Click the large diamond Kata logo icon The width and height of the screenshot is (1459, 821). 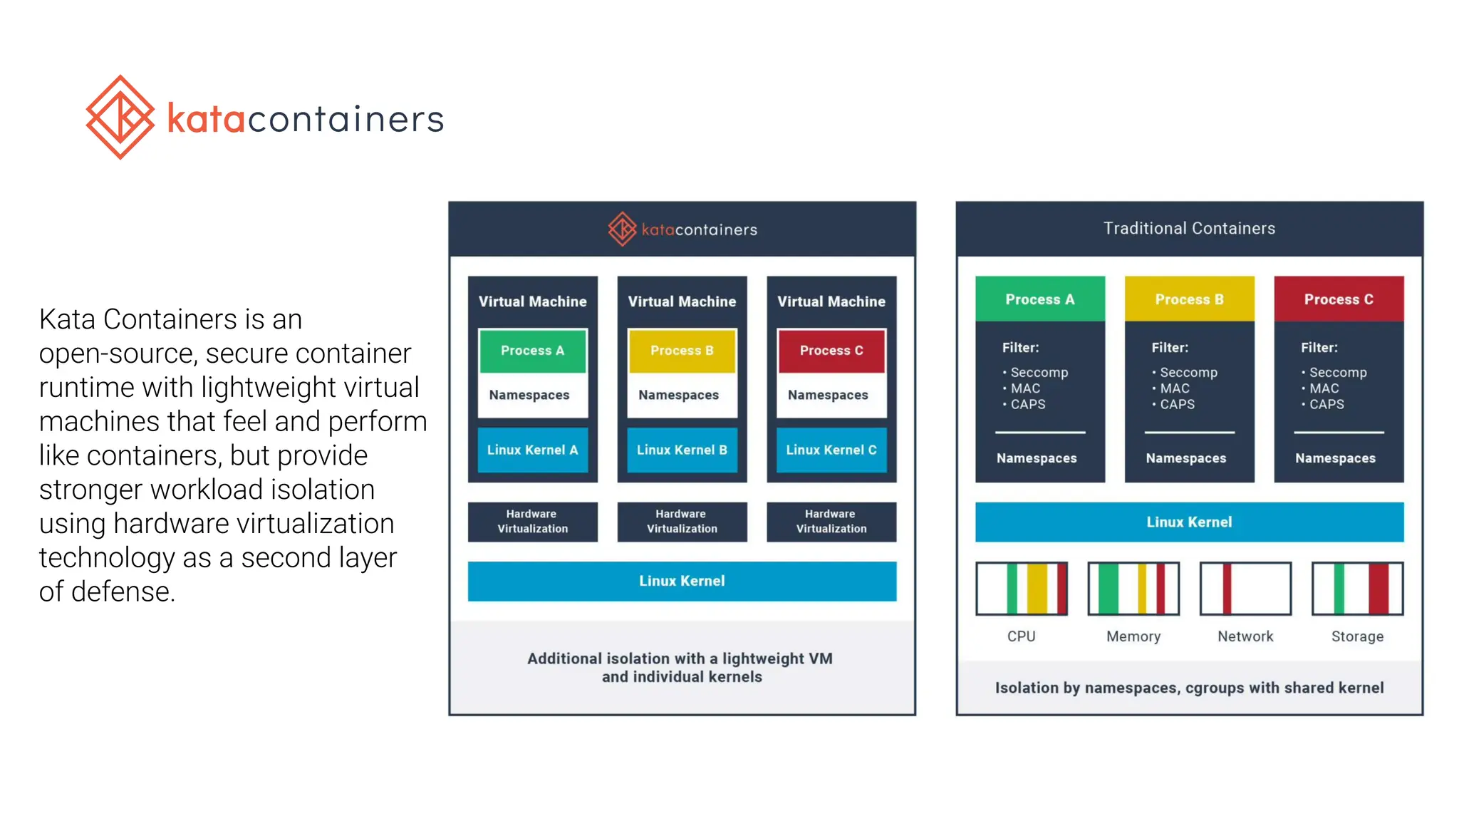(120, 118)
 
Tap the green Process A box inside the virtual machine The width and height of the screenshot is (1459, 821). (532, 351)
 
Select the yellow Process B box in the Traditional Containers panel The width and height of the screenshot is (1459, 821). (1189, 299)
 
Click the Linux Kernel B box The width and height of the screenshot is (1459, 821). (682, 450)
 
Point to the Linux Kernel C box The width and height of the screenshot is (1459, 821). (831, 450)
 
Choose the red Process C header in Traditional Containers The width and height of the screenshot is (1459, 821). (1339, 299)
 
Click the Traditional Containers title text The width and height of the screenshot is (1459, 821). (1189, 228)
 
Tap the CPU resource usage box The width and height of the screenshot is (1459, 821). (1022, 588)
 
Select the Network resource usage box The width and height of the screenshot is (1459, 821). (1245, 588)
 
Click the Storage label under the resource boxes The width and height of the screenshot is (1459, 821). (1357, 636)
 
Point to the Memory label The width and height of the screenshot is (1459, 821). (1133, 636)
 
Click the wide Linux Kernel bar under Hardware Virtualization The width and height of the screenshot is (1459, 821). (682, 581)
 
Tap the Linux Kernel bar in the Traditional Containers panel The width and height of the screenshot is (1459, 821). (1189, 522)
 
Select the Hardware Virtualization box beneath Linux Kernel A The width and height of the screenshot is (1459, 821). (532, 522)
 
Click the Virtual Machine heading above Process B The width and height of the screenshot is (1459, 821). (682, 301)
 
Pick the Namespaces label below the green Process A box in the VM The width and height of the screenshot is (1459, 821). (529, 395)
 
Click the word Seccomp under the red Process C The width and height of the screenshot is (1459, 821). (1338, 372)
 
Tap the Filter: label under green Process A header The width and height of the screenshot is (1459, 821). (1020, 348)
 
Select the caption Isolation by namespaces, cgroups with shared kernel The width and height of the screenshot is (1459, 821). (1189, 688)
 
